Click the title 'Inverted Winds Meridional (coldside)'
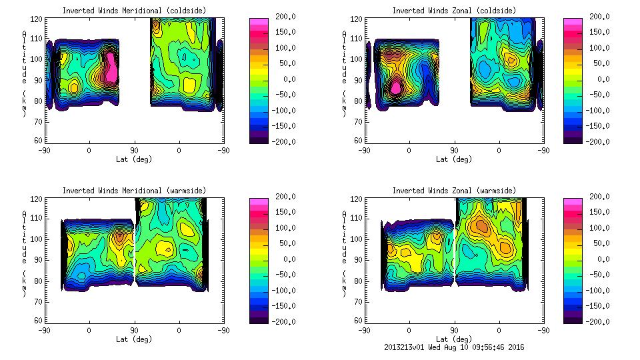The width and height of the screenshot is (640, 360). pos(134,11)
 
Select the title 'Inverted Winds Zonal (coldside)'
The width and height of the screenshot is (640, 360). pos(454,11)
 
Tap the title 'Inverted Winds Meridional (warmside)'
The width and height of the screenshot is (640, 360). pos(134,191)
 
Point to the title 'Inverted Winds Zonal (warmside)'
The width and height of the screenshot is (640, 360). pos(454,191)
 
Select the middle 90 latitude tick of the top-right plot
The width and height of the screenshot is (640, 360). pos(454,151)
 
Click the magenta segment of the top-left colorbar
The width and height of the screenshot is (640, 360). pos(259,24)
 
